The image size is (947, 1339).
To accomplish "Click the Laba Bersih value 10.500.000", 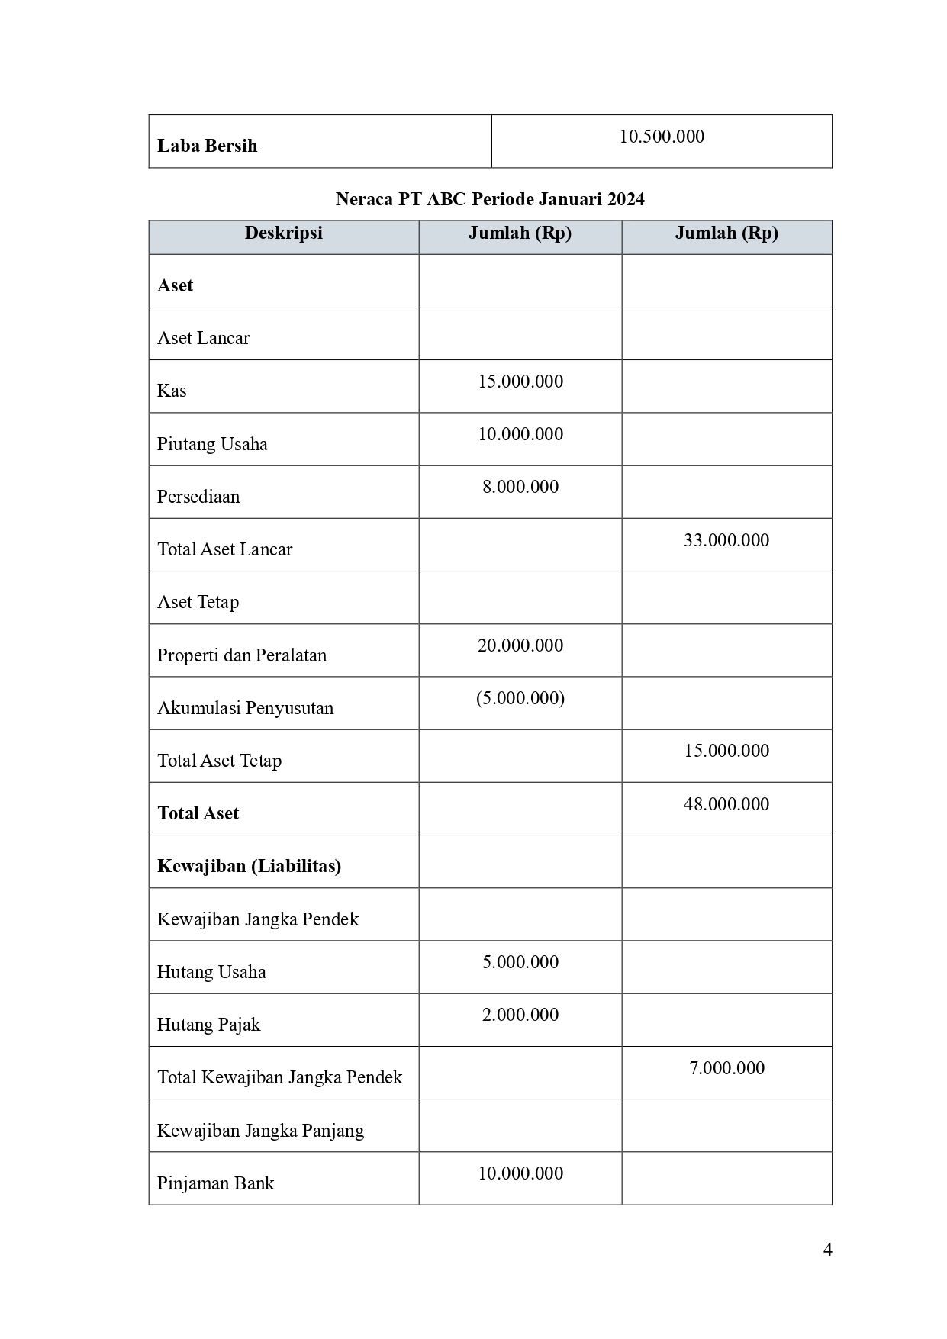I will [662, 137].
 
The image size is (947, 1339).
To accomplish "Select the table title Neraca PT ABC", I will [490, 199].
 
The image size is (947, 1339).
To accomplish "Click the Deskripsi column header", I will [283, 233].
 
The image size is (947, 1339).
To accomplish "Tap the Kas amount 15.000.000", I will [520, 381].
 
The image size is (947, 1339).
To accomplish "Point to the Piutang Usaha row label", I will [212, 444].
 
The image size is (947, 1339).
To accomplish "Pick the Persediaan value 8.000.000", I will [520, 487].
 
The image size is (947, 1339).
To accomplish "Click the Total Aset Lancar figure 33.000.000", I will [726, 540].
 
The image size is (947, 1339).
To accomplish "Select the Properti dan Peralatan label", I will [242, 655].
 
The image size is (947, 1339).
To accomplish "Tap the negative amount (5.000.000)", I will [520, 698].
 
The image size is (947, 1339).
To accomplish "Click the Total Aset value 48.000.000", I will [726, 804].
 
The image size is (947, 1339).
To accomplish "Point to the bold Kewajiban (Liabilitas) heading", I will [249, 866].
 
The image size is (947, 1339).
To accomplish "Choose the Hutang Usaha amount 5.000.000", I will [520, 962].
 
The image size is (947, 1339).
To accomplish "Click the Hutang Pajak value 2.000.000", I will [520, 1015].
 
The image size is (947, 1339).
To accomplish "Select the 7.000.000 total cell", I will [726, 1068].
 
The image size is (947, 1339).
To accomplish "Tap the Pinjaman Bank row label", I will [215, 1183].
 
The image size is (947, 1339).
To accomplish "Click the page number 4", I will [828, 1250].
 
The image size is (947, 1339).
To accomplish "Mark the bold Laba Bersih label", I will [207, 146].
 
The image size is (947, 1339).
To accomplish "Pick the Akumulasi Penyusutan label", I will [245, 708].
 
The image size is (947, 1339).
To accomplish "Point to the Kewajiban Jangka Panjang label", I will [260, 1131].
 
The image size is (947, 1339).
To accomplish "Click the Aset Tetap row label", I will [198, 602].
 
